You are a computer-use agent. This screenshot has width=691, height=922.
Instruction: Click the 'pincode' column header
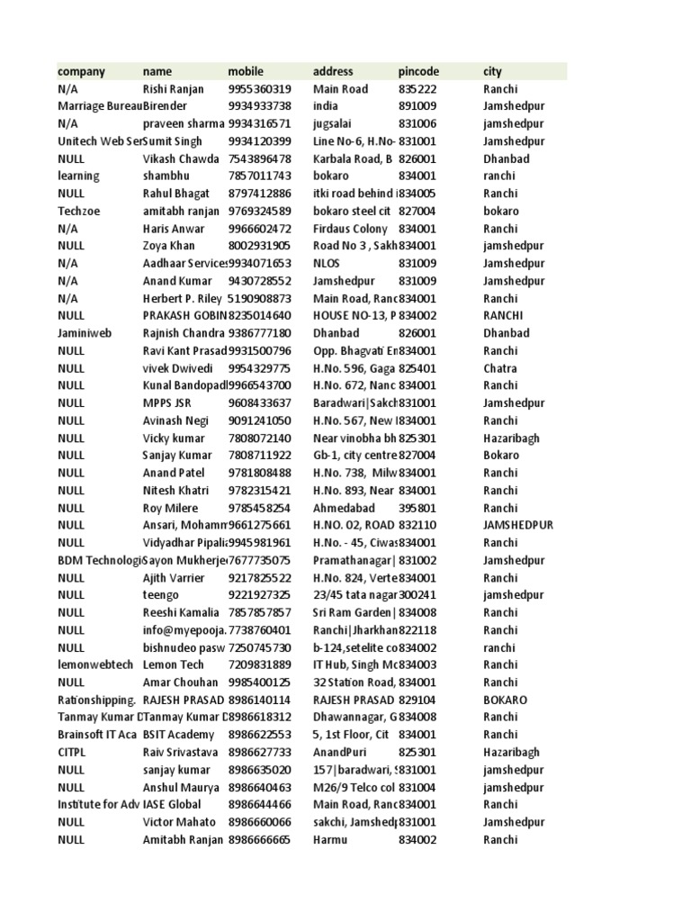pos(418,71)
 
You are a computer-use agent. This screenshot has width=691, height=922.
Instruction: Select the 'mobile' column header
pos(246,71)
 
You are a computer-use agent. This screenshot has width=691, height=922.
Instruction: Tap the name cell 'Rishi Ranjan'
pos(174,89)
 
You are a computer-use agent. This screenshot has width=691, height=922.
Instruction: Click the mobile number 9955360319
pos(259,89)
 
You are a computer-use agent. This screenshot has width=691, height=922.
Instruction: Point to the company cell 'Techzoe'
pos(76,212)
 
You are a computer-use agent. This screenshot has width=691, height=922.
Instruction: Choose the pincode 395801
pos(417,508)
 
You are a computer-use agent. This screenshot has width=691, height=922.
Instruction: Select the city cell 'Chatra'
pos(500,368)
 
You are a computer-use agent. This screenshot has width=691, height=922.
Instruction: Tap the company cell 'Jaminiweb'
pos(82,333)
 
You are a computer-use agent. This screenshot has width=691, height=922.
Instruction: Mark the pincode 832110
pos(417,525)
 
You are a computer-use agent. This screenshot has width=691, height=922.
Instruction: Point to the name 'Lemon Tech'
pos(173,664)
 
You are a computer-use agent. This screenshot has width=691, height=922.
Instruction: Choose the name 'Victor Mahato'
pos(179,822)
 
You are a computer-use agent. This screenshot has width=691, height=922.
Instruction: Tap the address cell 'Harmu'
pos(330,839)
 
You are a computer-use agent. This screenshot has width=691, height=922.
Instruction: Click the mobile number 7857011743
pos(259,176)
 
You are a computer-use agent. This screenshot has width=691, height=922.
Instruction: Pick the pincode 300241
pos(417,595)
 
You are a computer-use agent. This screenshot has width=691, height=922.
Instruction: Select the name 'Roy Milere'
pos(171,508)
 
